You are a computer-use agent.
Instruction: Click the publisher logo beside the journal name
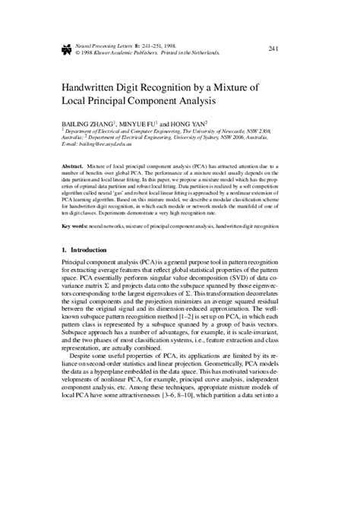pos(66,49)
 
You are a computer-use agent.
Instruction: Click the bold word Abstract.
pos(73,164)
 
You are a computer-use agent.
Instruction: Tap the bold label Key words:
pos(77,226)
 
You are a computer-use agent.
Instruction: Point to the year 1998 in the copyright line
pos(87,53)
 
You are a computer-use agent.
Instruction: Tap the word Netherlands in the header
pos(202,53)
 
